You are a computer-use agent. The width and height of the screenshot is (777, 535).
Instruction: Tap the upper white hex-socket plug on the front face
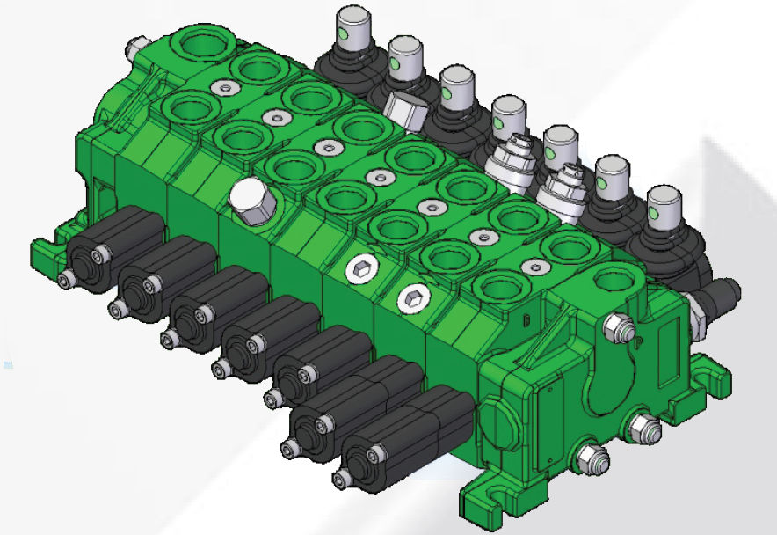(360, 269)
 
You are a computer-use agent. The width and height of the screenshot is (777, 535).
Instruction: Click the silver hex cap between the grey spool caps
(404, 108)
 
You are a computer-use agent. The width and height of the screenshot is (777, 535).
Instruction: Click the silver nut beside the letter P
(617, 328)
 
